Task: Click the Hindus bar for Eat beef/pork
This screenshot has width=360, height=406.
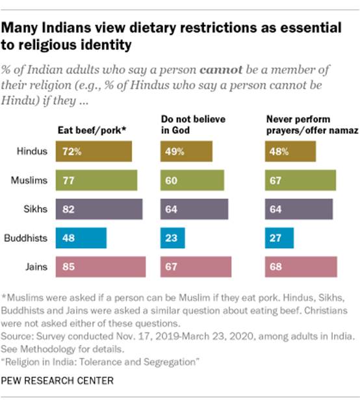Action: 94,152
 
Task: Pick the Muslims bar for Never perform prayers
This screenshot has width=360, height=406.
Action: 300,181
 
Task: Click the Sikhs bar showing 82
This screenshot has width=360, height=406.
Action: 98,209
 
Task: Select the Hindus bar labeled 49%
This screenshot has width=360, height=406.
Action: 186,152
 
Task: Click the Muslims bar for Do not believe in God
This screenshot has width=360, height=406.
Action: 192,181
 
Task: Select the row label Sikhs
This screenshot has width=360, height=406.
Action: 37,209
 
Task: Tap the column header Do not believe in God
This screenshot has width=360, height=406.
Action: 185,124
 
